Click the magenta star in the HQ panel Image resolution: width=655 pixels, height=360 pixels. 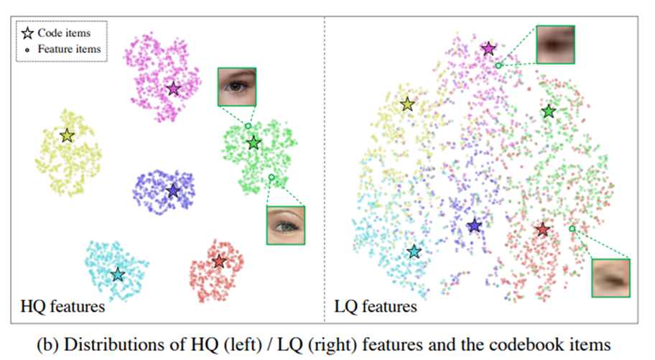tap(173, 88)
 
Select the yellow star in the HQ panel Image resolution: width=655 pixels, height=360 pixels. tap(67, 136)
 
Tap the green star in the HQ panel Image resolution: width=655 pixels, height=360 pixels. tap(254, 143)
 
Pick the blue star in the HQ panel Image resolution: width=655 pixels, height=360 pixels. tap(173, 191)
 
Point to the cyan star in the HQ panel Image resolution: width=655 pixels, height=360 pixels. tap(118, 274)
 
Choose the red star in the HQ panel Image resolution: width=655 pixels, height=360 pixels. tap(219, 262)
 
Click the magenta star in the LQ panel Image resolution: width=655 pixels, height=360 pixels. tap(488, 49)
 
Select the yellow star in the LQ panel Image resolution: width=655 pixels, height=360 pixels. tap(407, 104)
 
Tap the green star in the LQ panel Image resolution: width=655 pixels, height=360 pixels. tap(549, 111)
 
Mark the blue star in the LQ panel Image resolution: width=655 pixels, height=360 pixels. tap(474, 226)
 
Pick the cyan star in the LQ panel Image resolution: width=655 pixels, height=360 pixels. tap(414, 251)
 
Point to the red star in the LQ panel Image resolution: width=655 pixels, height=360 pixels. tap(543, 229)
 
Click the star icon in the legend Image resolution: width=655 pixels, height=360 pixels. tap(27, 33)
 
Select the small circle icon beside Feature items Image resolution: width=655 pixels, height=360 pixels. tap(27, 50)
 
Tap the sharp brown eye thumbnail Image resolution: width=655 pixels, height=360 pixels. tap(237, 86)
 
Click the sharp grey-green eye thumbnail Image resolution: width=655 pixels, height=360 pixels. tap(286, 226)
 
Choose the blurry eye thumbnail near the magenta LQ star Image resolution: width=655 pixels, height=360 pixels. tap(556, 45)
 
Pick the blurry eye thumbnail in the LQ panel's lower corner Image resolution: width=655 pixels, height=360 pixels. tap(610, 278)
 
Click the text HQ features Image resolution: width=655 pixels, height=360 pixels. tap(62, 307)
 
